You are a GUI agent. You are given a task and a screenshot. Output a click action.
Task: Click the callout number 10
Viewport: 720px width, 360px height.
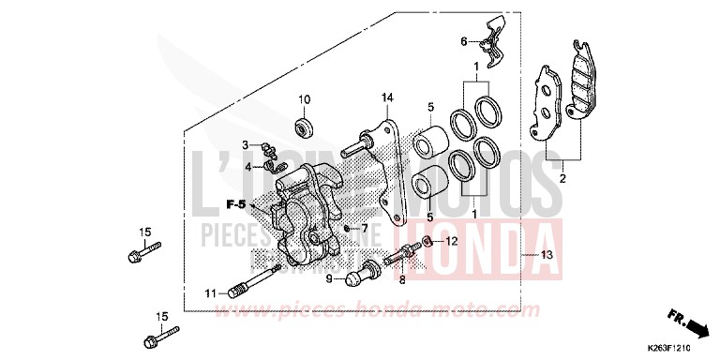(x=304, y=99)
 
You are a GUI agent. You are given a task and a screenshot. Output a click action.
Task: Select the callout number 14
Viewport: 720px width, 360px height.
(x=385, y=97)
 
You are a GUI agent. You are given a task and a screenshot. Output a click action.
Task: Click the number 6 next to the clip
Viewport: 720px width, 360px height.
(x=462, y=41)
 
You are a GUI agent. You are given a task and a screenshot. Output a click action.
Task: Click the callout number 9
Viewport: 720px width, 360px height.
(x=330, y=278)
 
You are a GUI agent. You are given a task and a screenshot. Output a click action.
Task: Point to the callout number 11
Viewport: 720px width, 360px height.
(x=212, y=293)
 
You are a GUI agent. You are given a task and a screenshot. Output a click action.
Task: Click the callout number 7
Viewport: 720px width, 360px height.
(x=365, y=228)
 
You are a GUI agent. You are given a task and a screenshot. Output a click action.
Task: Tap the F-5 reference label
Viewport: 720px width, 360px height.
(x=235, y=202)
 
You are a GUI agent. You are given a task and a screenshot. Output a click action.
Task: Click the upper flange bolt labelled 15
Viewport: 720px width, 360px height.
(x=141, y=252)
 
